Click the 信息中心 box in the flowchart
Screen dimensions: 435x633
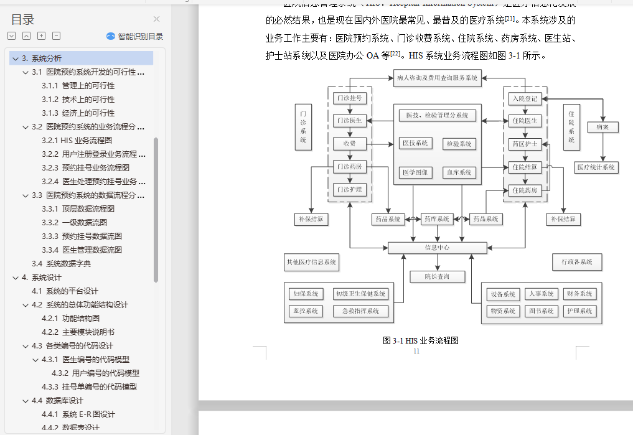[437, 248]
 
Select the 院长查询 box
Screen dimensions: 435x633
[437, 276]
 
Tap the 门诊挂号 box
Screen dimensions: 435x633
[349, 98]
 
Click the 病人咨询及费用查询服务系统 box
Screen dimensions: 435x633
[437, 78]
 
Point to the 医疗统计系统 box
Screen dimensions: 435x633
[596, 167]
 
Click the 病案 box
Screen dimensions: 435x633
[603, 127]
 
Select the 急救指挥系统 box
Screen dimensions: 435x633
[360, 311]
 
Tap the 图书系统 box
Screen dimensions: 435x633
[540, 311]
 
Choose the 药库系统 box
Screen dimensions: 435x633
[437, 219]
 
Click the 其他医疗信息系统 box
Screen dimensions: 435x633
[311, 263]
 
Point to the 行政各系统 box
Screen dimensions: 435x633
[577, 262]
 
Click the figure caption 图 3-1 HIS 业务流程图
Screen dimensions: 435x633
[421, 341]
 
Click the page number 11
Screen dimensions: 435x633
[416, 351]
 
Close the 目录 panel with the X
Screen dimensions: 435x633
[157, 19]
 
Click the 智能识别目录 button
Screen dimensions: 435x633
[135, 36]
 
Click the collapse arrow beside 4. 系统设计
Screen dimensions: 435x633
[15, 277]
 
